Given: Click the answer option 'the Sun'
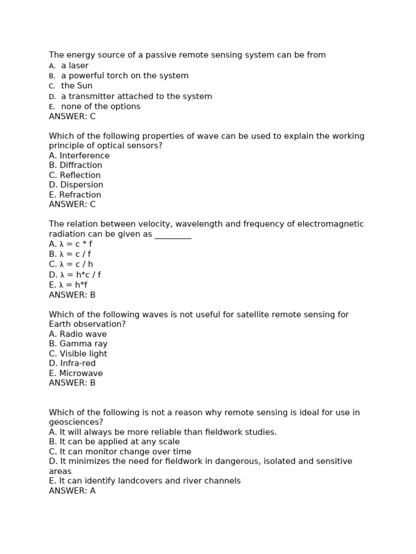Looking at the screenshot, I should coord(76,86).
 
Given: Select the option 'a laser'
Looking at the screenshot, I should coord(75,65).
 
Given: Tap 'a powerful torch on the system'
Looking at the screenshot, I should coord(125,76).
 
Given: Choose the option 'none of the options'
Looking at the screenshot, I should coord(100,107).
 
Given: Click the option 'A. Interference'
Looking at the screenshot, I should coord(79,156).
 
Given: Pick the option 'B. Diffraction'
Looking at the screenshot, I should coord(75,166).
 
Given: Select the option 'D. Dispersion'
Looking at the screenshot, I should coord(76,185).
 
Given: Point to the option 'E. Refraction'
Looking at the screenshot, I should coord(75,195).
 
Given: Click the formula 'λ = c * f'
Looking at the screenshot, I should coord(76,244).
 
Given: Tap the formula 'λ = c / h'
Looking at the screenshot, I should coord(76,265).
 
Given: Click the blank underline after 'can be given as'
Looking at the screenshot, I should coord(173,235).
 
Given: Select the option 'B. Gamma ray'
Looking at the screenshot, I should coord(78,344).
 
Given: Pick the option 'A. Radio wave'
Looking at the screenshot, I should coord(77,334).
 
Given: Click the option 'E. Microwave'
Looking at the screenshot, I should coord(76,373).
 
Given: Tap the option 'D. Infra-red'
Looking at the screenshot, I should coord(72,364).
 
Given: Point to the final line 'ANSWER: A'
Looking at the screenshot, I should coord(72,491).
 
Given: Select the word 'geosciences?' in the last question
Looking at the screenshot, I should coord(76,423).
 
